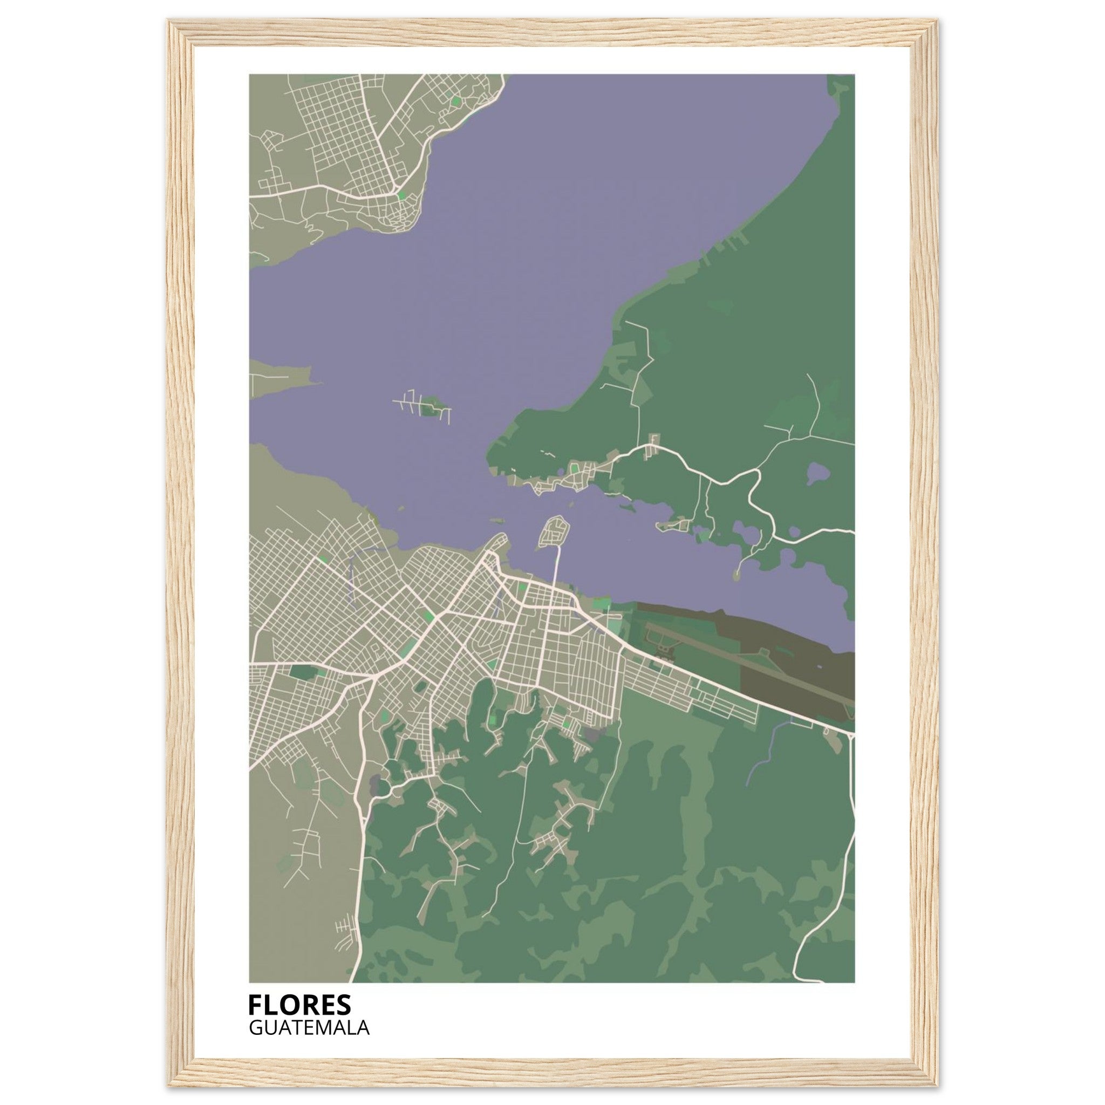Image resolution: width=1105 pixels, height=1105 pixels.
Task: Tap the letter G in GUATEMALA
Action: pos(255,1028)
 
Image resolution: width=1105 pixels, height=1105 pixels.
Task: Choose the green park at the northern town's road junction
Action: pos(401,195)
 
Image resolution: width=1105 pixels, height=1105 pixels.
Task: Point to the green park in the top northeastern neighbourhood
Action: pos(456,101)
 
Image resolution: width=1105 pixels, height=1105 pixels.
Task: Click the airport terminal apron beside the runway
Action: pos(664,649)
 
